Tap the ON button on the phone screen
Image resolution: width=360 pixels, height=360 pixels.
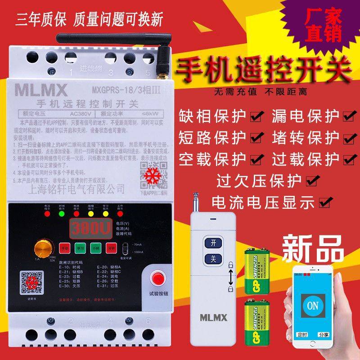(314, 306)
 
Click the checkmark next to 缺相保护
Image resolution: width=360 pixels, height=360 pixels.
(256, 117)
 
